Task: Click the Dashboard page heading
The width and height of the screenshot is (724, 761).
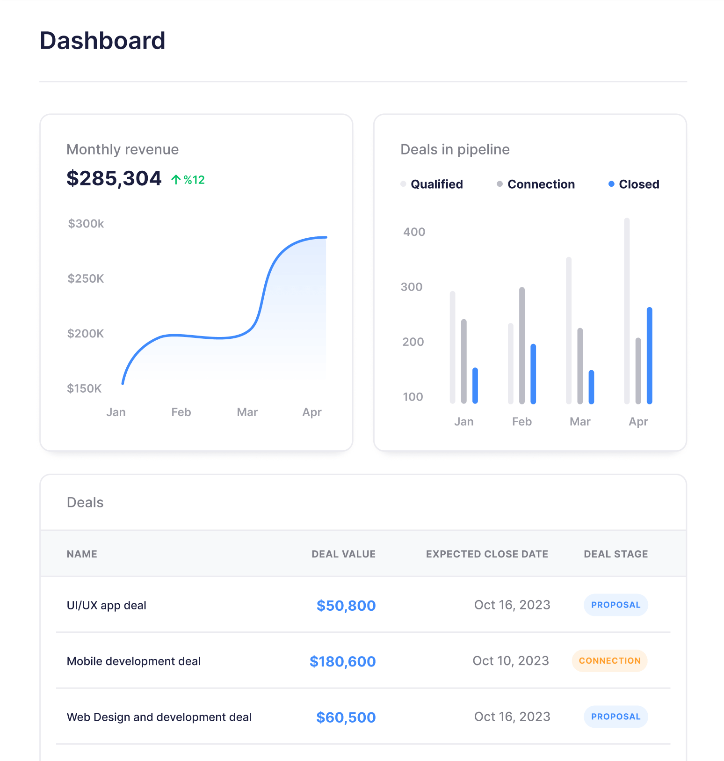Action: tap(102, 41)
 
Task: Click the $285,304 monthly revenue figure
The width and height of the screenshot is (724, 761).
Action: tap(114, 178)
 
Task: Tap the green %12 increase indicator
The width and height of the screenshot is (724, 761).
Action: tap(188, 180)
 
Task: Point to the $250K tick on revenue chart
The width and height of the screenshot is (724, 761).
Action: tap(86, 278)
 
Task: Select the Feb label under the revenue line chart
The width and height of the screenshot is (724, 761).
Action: tap(181, 412)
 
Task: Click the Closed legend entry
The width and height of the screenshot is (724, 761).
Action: tap(634, 184)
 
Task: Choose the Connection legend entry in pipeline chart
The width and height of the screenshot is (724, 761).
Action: tap(536, 184)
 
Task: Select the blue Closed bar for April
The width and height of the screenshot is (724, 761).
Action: tap(649, 356)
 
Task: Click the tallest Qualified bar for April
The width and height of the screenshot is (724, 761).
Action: tap(627, 311)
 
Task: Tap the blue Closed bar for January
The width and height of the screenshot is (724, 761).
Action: tap(475, 386)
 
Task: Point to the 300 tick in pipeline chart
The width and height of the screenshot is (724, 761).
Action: tap(412, 287)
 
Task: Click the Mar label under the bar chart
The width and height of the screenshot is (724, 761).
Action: tap(580, 422)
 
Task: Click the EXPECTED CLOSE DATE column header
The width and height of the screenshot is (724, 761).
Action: tap(487, 554)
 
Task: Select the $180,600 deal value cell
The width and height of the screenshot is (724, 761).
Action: tap(342, 661)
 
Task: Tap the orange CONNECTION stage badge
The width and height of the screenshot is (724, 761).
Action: tap(609, 661)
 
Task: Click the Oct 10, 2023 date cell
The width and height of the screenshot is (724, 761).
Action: tap(511, 661)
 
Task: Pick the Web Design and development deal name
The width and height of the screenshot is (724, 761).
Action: tap(159, 717)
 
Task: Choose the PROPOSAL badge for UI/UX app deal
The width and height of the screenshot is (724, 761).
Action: tap(615, 605)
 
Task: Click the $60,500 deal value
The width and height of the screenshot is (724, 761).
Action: tap(346, 717)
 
